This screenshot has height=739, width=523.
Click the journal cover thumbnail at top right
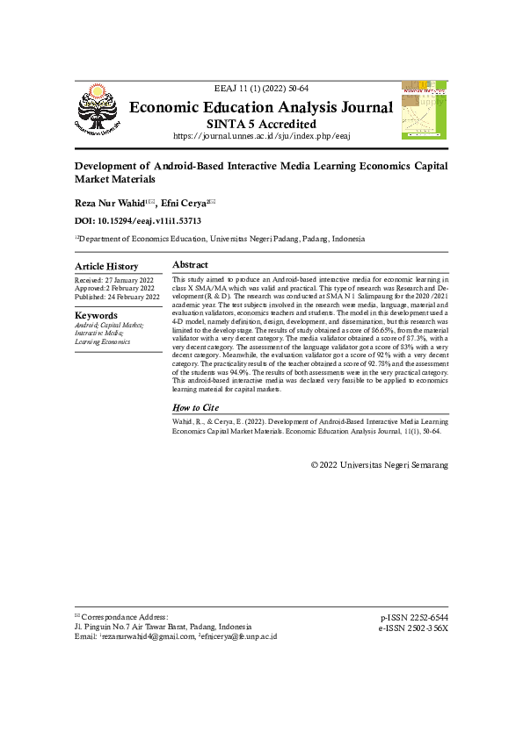(x=424, y=110)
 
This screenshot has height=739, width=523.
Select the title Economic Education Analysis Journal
(x=261, y=108)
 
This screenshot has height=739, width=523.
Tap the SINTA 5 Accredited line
(x=261, y=124)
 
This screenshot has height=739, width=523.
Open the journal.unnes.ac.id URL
(x=261, y=136)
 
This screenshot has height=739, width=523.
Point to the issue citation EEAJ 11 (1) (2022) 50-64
(x=261, y=90)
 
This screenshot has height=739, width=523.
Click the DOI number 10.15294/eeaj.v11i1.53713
(x=151, y=221)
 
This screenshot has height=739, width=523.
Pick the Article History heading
(x=106, y=266)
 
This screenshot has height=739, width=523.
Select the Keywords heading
(x=96, y=315)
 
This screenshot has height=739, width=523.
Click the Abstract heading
(x=190, y=264)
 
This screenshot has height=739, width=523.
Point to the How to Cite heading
(x=195, y=408)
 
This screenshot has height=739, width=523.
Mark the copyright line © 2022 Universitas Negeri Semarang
(x=379, y=463)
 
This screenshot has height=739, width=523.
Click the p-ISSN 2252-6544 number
(x=413, y=618)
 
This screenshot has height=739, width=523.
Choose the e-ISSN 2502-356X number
(x=413, y=628)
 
